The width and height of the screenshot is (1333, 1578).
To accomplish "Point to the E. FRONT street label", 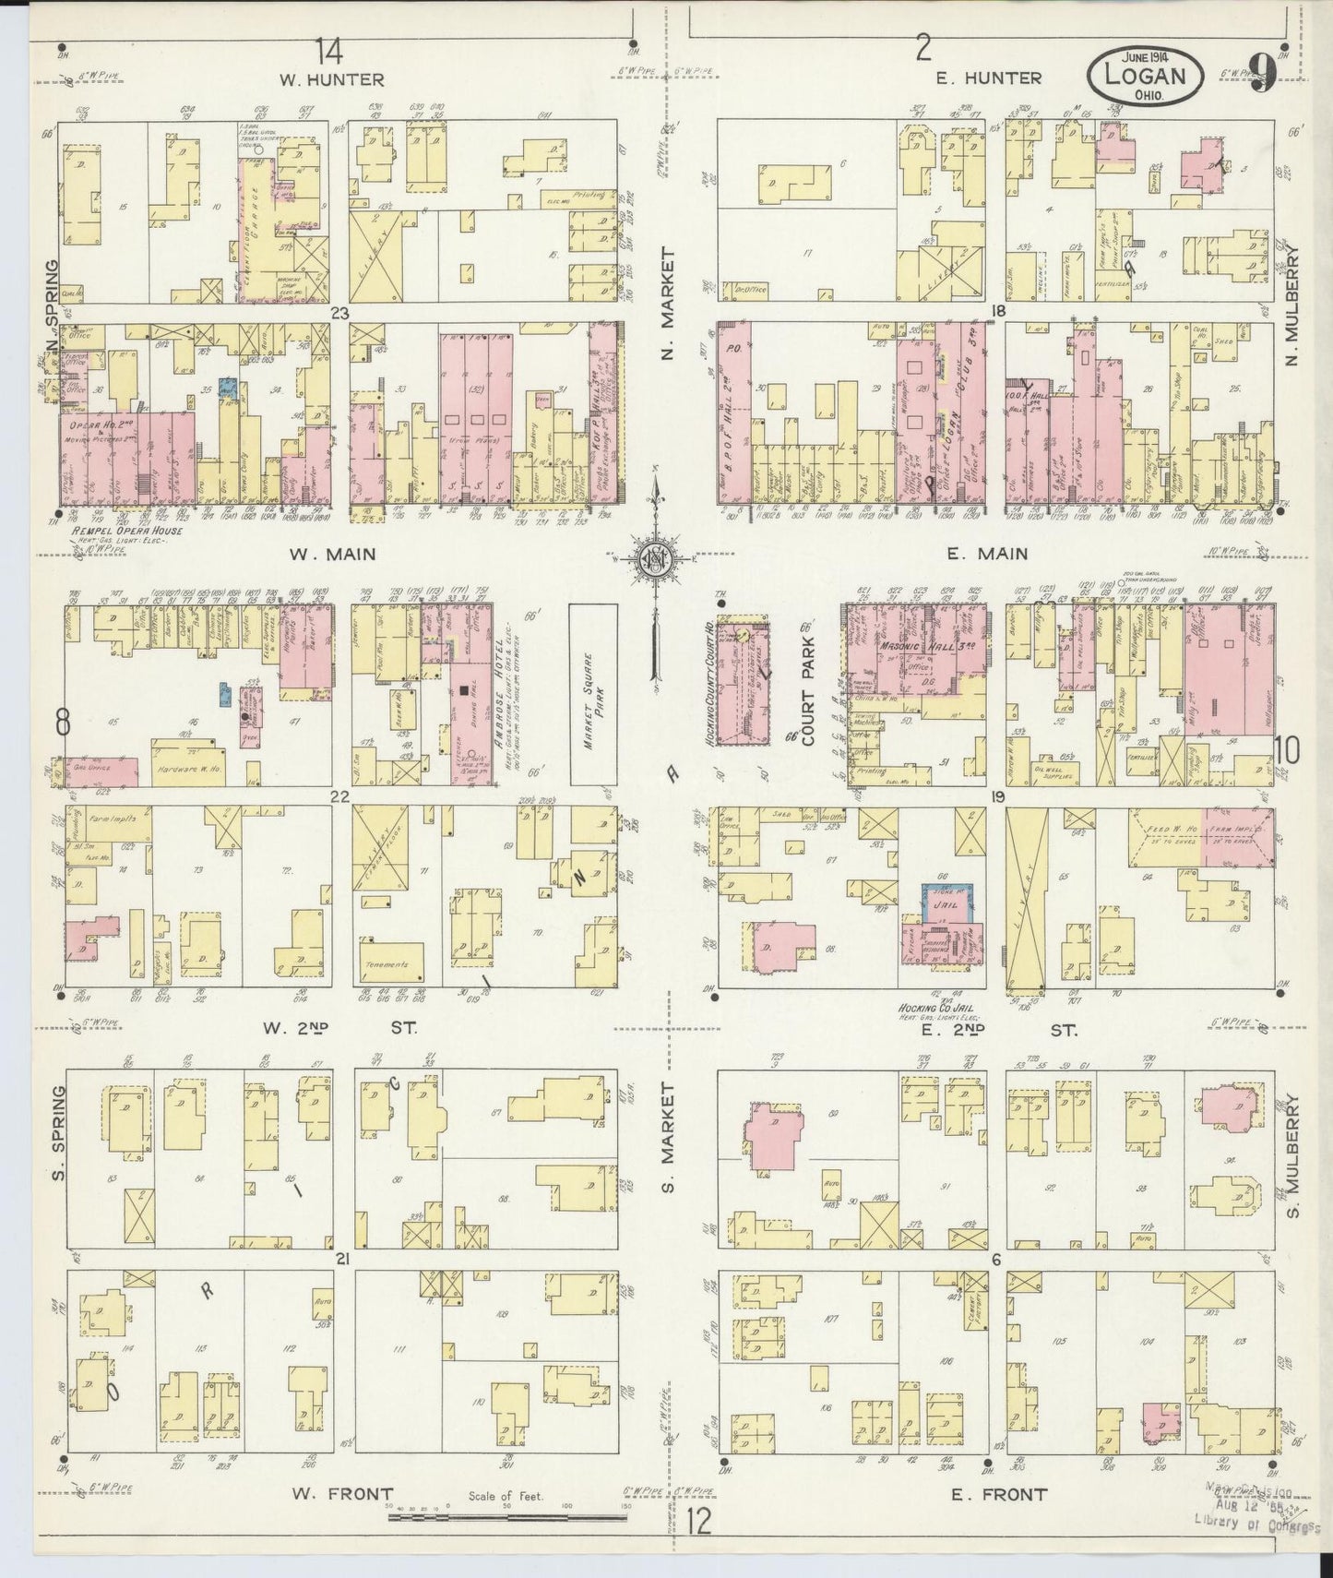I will (1002, 1494).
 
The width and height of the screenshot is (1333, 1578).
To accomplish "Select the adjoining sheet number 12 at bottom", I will (699, 1519).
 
